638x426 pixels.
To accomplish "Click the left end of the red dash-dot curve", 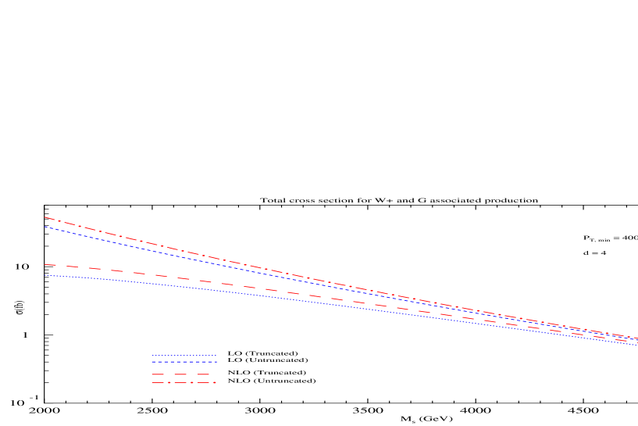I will pyautogui.click(x=45, y=217).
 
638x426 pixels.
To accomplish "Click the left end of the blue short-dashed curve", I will pyautogui.click(x=45, y=227).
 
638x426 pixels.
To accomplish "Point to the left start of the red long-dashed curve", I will pyautogui.click(x=45, y=265).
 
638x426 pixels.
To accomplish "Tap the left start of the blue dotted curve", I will pyautogui.click(x=45, y=275).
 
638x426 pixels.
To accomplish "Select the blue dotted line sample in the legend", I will pyautogui.click(x=184, y=356).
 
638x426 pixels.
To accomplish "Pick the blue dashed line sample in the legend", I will pyautogui.click(x=184, y=362).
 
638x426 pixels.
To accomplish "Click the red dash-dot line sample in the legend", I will pyautogui.click(x=184, y=383).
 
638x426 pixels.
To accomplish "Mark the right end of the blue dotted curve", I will pyautogui.click(x=637, y=345).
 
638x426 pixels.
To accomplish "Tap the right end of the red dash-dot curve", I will pyautogui.click(x=637, y=338).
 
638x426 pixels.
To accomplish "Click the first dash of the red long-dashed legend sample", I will pyautogui.click(x=158, y=374).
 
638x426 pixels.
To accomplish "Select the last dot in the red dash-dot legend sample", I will pyautogui.click(x=214, y=383).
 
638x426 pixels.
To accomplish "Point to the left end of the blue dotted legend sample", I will pyautogui.click(x=151, y=356).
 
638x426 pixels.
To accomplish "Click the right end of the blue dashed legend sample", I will pyautogui.click(x=216, y=362).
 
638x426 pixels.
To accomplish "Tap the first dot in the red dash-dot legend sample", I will pyautogui.click(x=168, y=383).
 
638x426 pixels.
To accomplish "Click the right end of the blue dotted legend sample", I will pyautogui.click(x=216, y=356).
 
